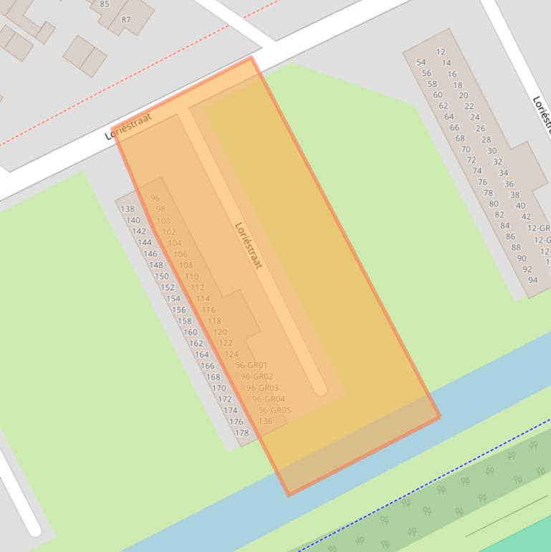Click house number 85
[105, 4]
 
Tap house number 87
[126, 19]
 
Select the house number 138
[128, 209]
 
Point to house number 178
[242, 432]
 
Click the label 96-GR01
[251, 365]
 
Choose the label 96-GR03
[262, 388]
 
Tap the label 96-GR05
[274, 410]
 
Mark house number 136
[265, 421]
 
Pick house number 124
[231, 354]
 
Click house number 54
[421, 62]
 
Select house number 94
[533, 280]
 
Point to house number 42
[526, 216]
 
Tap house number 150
[161, 276]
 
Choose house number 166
[207, 366]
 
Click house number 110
[191, 276]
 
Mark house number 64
[449, 116]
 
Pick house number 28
[486, 140]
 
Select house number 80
[494, 204]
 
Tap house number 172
[224, 399]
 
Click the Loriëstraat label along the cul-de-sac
[249, 245]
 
